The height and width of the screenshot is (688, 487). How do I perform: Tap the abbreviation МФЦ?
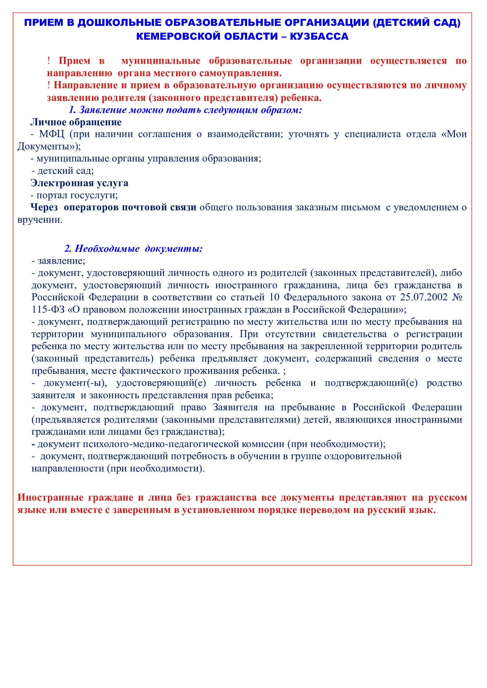[52, 134]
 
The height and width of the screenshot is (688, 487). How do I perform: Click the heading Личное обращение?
[76, 122]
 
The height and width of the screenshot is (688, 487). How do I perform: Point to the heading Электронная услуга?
[79, 183]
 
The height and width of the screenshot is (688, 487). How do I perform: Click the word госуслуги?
[94, 195]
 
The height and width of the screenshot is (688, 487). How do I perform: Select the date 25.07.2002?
[423, 297]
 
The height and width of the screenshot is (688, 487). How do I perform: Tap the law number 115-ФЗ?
[48, 309]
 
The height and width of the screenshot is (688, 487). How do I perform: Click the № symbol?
[457, 297]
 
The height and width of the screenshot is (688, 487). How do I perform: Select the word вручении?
[40, 220]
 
